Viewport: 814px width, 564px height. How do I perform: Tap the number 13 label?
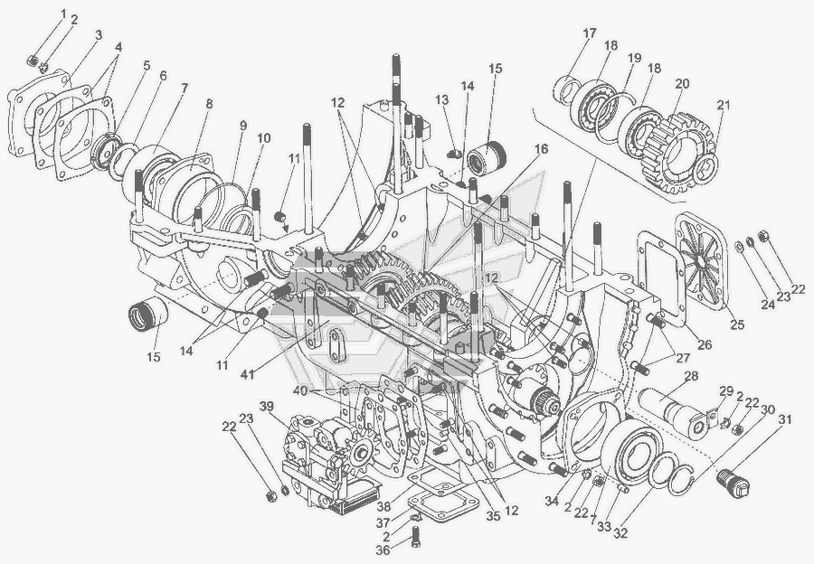point(442,99)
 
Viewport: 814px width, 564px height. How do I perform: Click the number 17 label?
point(589,33)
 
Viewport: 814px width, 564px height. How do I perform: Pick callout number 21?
point(721,106)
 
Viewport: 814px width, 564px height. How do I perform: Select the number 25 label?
point(737,324)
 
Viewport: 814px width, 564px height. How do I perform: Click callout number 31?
point(784,418)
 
